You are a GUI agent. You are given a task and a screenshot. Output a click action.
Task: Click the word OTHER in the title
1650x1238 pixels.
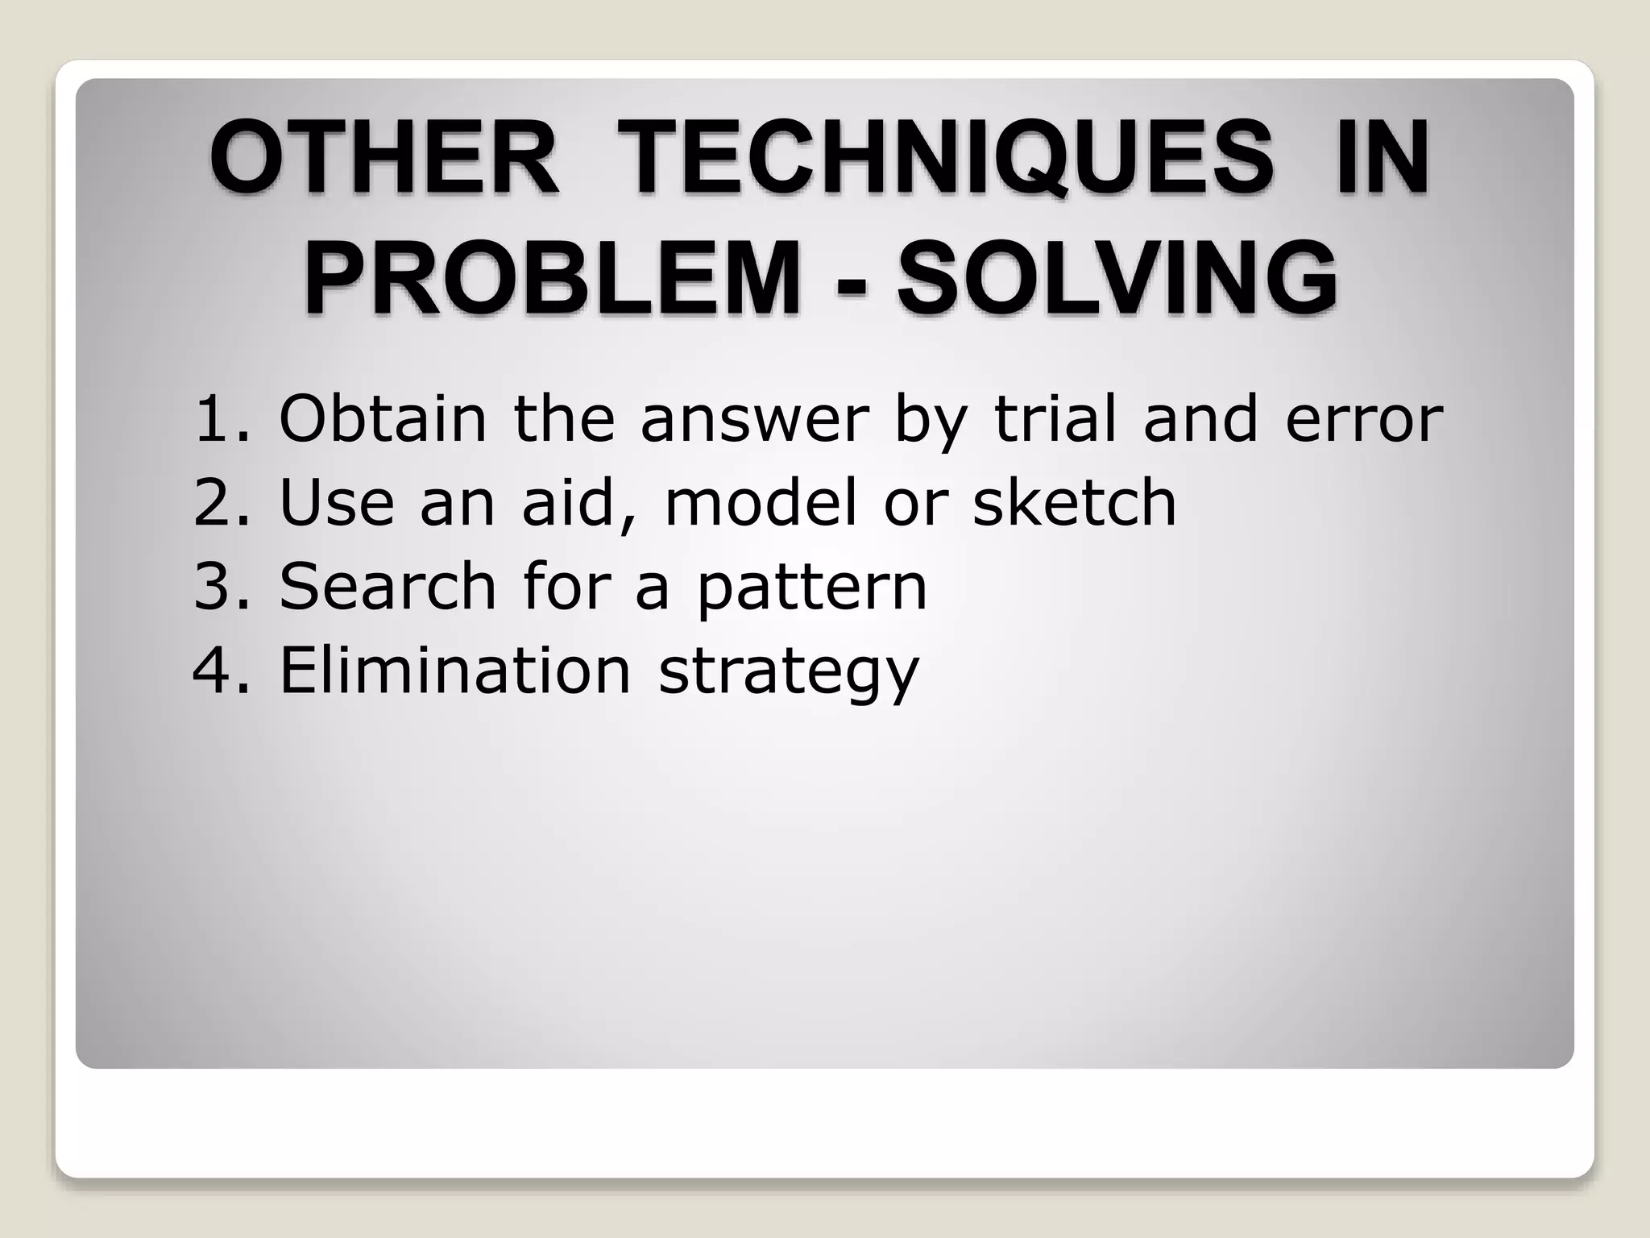[x=384, y=156]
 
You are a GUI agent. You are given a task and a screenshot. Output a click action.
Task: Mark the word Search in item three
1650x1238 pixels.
[x=387, y=587]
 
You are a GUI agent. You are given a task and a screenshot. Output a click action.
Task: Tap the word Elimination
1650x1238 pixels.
[x=454, y=671]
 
